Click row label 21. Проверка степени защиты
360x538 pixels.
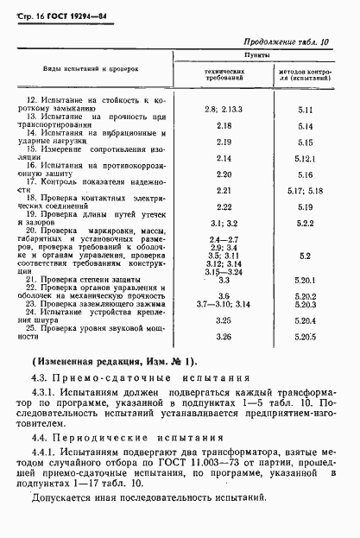(86, 280)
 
